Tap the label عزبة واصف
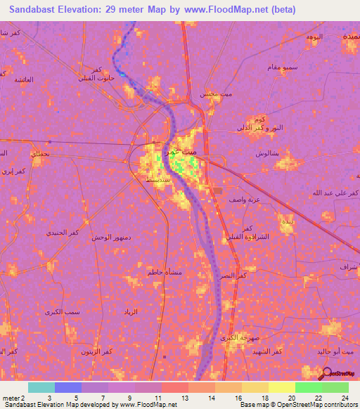point(243,200)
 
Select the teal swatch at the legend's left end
point(41,387)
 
